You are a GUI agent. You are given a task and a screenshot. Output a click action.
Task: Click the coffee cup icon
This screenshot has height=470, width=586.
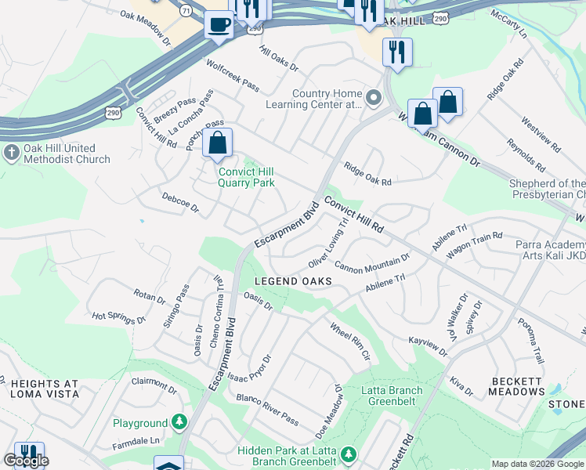(218, 23)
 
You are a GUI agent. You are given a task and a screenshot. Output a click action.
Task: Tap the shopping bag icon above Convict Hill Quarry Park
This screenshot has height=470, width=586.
(217, 143)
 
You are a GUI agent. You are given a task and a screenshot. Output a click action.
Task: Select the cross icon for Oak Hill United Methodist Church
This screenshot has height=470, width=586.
(11, 150)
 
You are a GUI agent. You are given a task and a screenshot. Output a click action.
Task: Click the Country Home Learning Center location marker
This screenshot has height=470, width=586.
(374, 98)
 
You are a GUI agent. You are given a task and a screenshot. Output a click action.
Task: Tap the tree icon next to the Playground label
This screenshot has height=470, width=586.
(179, 423)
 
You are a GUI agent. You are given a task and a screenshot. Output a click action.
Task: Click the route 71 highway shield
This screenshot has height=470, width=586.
(185, 12)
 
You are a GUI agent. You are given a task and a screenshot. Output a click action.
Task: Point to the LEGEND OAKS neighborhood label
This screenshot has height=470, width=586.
(293, 281)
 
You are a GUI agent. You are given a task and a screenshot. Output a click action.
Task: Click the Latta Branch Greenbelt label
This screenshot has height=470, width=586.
(392, 396)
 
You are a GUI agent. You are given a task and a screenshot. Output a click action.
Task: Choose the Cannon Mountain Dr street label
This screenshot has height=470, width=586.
(372, 263)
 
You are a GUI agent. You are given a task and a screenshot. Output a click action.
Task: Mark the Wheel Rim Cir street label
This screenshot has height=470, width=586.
(349, 341)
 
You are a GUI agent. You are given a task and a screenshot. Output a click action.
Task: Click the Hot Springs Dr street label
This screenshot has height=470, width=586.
(119, 318)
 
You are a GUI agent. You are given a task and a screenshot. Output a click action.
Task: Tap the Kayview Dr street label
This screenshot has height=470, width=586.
(428, 348)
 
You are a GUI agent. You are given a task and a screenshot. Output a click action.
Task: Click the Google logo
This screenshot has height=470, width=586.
(26, 461)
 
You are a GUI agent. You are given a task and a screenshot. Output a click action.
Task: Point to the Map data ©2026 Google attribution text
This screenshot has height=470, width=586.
(537, 464)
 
